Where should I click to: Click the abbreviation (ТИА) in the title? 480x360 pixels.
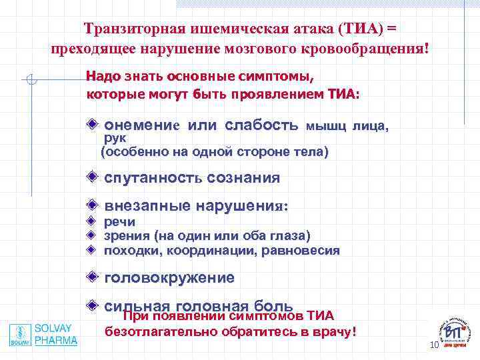click(x=361, y=29)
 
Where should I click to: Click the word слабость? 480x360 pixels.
click(x=261, y=125)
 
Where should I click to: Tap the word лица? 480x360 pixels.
click(x=370, y=125)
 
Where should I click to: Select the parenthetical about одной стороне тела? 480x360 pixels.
click(x=215, y=152)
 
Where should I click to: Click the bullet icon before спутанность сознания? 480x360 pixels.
click(x=93, y=177)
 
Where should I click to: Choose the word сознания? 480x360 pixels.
click(x=243, y=179)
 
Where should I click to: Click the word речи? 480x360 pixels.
click(x=119, y=222)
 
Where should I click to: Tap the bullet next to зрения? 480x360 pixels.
click(x=92, y=235)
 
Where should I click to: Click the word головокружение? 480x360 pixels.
click(x=169, y=278)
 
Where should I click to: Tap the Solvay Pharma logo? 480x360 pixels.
click(x=43, y=334)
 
